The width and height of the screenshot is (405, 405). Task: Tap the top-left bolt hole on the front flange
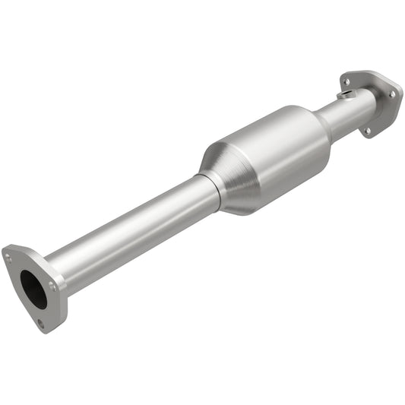8,258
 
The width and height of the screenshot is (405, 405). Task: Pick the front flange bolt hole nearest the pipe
52,286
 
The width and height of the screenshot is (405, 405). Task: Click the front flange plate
19,304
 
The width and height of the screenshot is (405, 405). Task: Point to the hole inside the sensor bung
347,93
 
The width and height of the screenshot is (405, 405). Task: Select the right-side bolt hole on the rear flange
393,93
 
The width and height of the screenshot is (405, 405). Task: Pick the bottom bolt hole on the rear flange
366,130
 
